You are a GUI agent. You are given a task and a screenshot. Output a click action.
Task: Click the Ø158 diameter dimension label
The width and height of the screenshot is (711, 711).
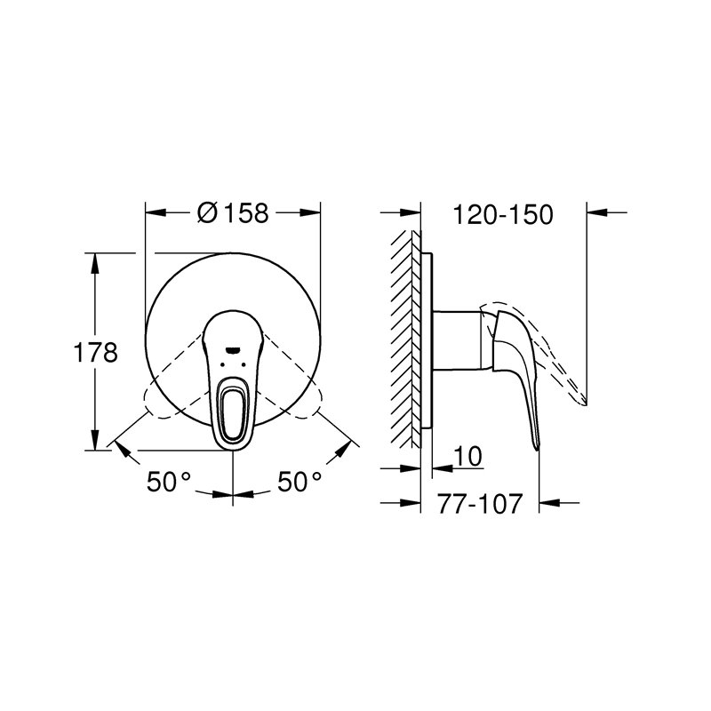click(234, 213)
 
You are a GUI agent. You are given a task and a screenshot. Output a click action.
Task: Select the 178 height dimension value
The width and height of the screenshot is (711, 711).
click(97, 353)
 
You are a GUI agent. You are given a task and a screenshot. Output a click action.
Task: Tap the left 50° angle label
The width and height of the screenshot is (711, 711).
click(170, 483)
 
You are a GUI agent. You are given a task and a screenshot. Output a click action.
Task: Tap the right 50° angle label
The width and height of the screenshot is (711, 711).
click(299, 483)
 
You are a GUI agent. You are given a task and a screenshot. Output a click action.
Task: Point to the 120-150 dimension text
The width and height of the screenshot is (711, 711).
click(503, 214)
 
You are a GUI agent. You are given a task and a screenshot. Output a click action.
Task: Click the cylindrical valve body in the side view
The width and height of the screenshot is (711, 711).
click(458, 338)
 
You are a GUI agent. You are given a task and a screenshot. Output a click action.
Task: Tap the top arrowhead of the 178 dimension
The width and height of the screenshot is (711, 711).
click(97, 260)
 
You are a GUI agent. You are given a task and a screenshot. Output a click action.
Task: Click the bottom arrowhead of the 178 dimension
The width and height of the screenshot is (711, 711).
click(97, 444)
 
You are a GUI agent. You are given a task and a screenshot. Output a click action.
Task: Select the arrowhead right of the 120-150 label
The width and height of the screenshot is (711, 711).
click(598, 212)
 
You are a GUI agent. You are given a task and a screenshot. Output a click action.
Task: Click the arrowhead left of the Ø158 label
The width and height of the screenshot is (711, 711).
click(154, 212)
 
